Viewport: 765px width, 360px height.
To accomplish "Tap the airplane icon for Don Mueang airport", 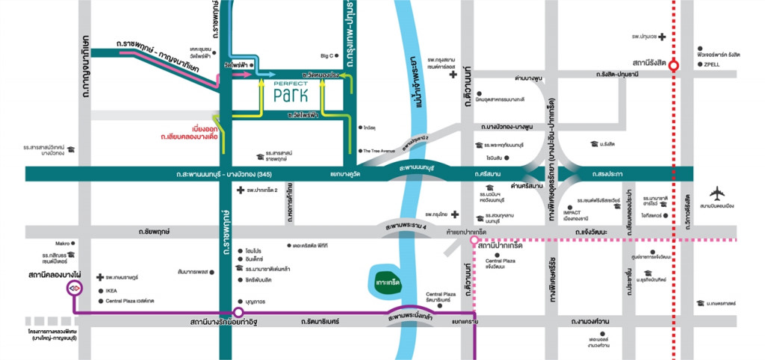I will click(718, 192).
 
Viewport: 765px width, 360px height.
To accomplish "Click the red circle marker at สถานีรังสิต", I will click(673, 65).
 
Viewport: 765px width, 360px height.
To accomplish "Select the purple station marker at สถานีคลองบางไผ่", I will click(74, 287).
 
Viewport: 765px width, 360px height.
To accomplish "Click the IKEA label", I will click(111, 291).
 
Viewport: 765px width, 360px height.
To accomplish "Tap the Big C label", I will click(326, 56).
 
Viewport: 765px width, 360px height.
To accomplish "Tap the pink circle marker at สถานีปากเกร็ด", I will click(473, 240).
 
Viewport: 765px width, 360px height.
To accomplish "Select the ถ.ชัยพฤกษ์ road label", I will click(154, 232).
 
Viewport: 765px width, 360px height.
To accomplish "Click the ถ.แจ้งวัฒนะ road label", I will click(590, 232).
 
